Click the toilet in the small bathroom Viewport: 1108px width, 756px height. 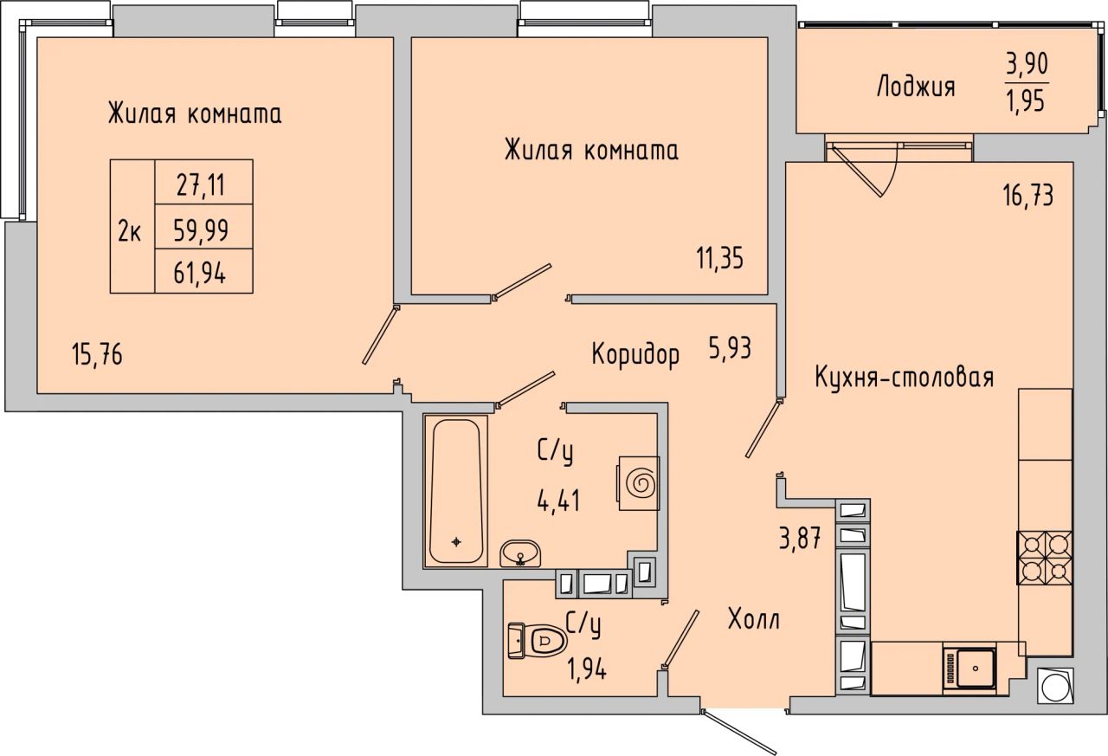pos(538,641)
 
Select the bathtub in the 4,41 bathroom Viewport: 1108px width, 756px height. pos(455,491)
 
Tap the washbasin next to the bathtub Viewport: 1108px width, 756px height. pos(520,553)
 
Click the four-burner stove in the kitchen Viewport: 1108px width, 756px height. pos(1045,558)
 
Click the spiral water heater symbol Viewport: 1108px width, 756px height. pos(639,483)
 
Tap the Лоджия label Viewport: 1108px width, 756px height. pos(915,87)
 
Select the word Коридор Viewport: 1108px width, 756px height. pos(635,355)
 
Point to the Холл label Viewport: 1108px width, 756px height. pos(754,619)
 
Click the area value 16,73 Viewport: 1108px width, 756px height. pos(1027,195)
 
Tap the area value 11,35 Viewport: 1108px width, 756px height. pos(719,258)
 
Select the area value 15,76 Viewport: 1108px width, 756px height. pos(97,355)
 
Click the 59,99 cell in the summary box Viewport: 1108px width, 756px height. pos(201,230)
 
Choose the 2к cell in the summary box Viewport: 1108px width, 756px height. pos(130,230)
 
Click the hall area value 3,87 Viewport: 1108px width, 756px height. pos(800,538)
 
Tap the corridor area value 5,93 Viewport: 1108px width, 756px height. pos(730,348)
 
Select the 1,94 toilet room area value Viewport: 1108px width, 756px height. pos(587,670)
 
